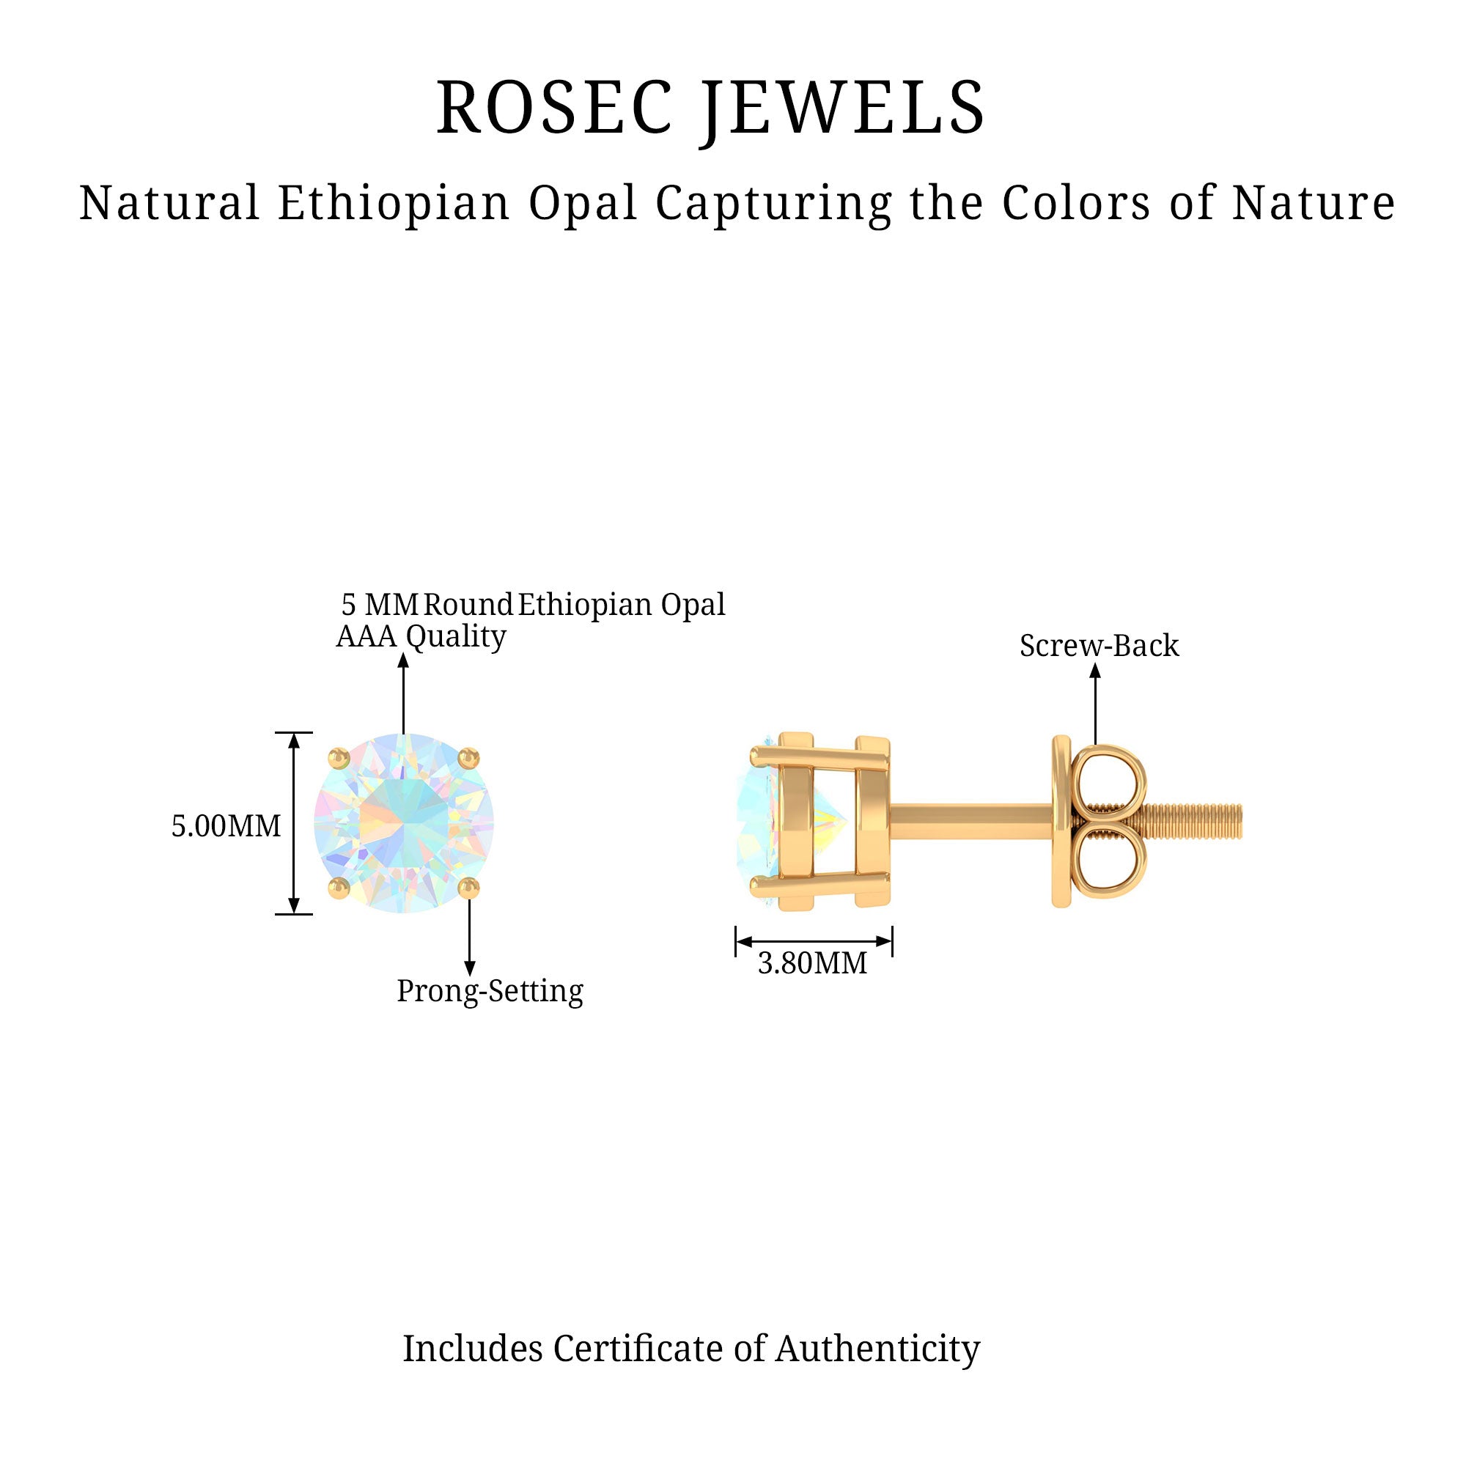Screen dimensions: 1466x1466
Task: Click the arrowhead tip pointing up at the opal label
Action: (404, 652)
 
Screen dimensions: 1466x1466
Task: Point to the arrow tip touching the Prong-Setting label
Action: (470, 976)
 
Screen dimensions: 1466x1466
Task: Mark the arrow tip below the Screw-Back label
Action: (1095, 663)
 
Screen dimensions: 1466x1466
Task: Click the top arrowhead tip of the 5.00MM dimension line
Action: (295, 734)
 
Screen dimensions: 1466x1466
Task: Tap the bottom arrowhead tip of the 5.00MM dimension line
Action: (295, 913)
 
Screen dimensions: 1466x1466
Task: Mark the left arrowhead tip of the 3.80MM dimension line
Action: (737, 942)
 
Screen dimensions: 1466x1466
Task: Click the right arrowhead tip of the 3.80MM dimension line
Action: (891, 942)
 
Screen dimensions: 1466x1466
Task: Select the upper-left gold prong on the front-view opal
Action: (338, 757)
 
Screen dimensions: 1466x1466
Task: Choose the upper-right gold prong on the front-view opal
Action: (470, 757)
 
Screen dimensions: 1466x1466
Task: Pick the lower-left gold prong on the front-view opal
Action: (338, 888)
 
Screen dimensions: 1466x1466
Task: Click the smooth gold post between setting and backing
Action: (971, 822)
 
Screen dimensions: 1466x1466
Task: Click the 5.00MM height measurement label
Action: (226, 825)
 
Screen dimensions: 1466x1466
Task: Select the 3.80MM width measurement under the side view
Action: (813, 963)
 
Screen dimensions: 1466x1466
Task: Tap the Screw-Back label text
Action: (1099, 646)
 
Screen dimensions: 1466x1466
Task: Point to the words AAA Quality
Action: (421, 638)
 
